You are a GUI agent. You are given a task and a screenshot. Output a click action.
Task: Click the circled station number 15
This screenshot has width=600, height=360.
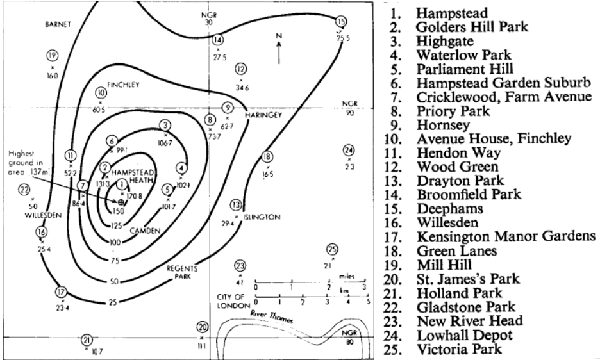341,22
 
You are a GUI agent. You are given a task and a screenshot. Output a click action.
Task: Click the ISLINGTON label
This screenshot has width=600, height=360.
262,217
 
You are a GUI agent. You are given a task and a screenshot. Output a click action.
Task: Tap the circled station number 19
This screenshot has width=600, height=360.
52,55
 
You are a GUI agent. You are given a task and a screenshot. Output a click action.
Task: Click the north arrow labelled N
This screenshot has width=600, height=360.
279,48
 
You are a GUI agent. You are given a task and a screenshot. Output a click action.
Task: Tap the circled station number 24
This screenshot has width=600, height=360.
348,150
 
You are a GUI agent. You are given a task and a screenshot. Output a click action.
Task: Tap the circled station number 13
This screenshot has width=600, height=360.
237,205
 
